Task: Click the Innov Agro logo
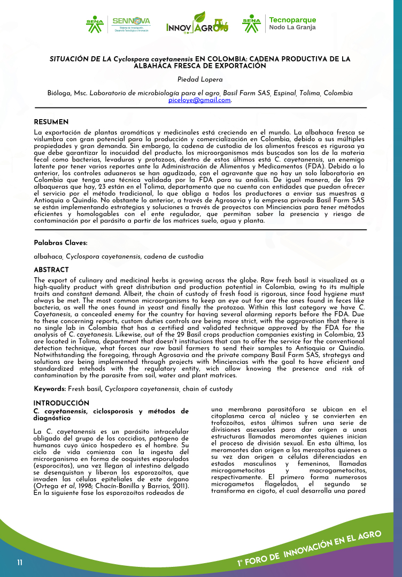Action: tap(197, 26)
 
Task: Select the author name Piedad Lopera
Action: tap(200, 80)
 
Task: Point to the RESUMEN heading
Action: tap(51, 122)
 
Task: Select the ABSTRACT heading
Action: tap(51, 270)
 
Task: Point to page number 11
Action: tap(20, 563)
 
